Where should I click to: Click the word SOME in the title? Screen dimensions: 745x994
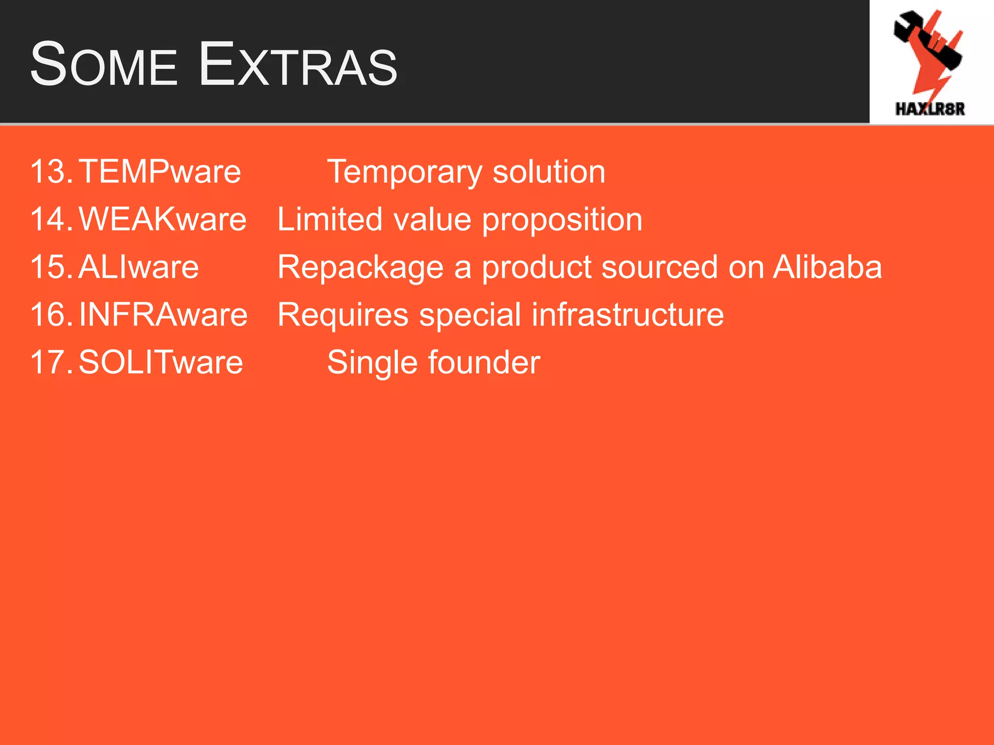coord(103,65)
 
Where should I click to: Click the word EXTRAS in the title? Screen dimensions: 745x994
coord(298,65)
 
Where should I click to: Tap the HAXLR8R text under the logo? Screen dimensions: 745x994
coord(930,109)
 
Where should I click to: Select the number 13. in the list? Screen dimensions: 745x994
coord(51,171)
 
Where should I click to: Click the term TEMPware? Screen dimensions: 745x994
coord(160,171)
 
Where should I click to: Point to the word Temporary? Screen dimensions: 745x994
coord(405,172)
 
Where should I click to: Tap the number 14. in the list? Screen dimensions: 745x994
coord(51,219)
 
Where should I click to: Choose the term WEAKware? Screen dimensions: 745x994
coord(163,219)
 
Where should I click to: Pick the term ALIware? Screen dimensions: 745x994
coord(138,267)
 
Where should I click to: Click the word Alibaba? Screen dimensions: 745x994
coord(827,267)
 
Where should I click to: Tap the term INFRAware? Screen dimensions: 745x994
coord(163,314)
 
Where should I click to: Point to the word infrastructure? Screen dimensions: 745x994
coord(628,314)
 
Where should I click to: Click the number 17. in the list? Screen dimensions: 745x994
coord(51,362)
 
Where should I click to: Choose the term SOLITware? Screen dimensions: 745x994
coord(161,362)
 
